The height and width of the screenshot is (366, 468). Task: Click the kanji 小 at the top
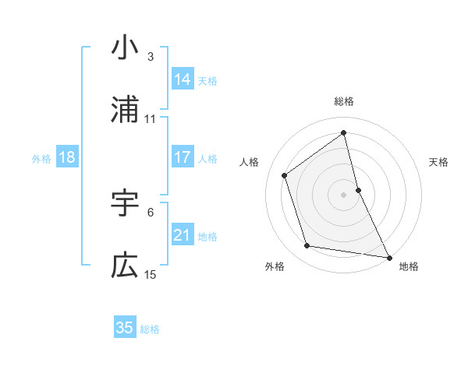pos(125,48)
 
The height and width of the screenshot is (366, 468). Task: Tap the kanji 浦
pos(125,111)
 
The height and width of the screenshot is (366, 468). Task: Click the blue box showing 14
pos(182,79)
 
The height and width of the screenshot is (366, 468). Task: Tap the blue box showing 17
pos(182,157)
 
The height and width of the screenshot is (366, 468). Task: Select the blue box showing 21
pos(182,235)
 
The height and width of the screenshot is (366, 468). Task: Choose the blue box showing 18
pos(67,157)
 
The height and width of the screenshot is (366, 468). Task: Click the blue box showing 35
pos(125,328)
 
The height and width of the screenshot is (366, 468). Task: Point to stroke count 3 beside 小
pos(150,56)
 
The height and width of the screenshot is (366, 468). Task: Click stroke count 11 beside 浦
pos(151,118)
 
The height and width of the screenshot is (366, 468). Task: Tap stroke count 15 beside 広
pos(151,274)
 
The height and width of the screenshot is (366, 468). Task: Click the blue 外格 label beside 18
pos(41,159)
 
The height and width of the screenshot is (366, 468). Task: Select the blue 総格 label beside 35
pos(150,329)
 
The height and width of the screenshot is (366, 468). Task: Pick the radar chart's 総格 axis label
pos(344,101)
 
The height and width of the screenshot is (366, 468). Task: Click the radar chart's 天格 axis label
pos(439,162)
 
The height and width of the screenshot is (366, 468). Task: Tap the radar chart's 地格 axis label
pos(409,266)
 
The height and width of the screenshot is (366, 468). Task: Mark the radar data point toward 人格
pos(285,175)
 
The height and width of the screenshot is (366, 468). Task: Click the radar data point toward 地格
pos(388,257)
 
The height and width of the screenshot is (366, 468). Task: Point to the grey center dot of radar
pos(344,195)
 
